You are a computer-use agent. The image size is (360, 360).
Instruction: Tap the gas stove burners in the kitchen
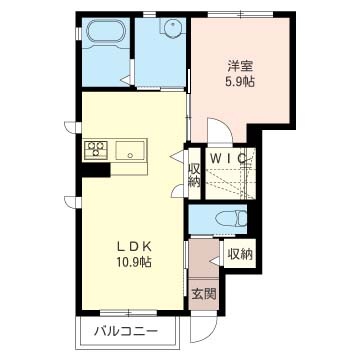tap(98, 151)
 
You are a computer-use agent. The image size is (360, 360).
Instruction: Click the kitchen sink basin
tap(131, 152)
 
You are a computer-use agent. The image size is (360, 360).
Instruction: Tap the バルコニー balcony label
tap(122, 330)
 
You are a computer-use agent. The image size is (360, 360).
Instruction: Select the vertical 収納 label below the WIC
tap(194, 175)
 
